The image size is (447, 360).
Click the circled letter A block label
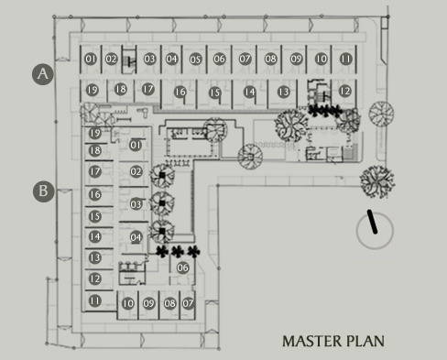(43, 74)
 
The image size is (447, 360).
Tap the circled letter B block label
(43, 191)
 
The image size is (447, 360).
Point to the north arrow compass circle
(375, 230)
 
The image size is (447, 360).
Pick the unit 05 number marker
(196, 59)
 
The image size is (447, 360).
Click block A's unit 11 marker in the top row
(346, 59)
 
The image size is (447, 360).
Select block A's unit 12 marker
(345, 91)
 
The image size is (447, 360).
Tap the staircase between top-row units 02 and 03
(129, 60)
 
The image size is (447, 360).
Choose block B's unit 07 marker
(188, 303)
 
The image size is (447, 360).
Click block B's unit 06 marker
(182, 267)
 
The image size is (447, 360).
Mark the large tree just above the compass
(377, 181)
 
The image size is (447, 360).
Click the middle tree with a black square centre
(162, 202)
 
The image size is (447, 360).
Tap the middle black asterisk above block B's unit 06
(178, 251)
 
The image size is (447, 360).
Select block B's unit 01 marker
(136, 145)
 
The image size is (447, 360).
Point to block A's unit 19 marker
(93, 90)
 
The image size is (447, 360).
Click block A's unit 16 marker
(180, 92)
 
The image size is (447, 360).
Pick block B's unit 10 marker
(128, 303)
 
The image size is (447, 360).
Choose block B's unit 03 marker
(136, 204)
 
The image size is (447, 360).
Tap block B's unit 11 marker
(94, 300)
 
